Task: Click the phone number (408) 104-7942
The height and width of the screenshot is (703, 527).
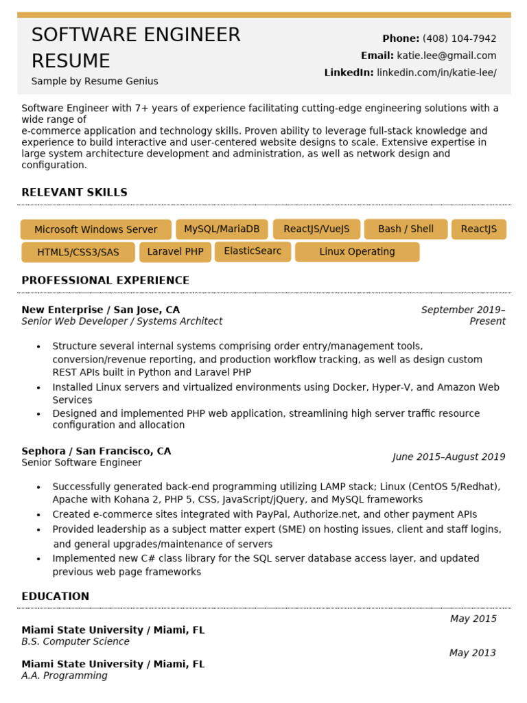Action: pyautogui.click(x=459, y=38)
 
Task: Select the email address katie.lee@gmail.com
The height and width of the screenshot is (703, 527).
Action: pyautogui.click(x=446, y=56)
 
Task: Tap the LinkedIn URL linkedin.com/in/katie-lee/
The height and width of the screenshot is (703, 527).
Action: pyautogui.click(x=436, y=73)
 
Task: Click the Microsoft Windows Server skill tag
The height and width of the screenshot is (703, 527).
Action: pyautogui.click(x=95, y=229)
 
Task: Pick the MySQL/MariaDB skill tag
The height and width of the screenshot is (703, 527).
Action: pyautogui.click(x=222, y=229)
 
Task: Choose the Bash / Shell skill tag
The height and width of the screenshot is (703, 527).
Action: pyautogui.click(x=406, y=229)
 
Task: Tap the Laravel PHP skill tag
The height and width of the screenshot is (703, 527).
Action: pyautogui.click(x=175, y=252)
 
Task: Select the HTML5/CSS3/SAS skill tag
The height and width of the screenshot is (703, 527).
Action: pyautogui.click(x=78, y=253)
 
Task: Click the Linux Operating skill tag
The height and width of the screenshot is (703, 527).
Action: pyautogui.click(x=357, y=252)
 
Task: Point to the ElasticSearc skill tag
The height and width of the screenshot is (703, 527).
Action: pyautogui.click(x=253, y=251)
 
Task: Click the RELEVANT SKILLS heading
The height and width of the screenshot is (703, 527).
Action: pyautogui.click(x=74, y=192)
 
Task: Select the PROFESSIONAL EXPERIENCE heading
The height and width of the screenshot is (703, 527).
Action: pyautogui.click(x=105, y=280)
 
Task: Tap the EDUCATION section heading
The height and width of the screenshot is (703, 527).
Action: pyautogui.click(x=55, y=596)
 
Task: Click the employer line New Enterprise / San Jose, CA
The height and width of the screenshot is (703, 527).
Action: pyautogui.click(x=100, y=310)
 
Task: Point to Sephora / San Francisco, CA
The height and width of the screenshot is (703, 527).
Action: pyautogui.click(x=96, y=451)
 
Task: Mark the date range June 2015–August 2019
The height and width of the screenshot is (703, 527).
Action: pyautogui.click(x=448, y=457)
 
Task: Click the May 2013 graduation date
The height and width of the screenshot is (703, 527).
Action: pyautogui.click(x=472, y=653)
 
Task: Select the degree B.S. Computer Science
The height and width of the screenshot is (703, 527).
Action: pyautogui.click(x=75, y=641)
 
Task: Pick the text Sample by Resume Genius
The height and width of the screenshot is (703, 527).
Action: pyautogui.click(x=95, y=81)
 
